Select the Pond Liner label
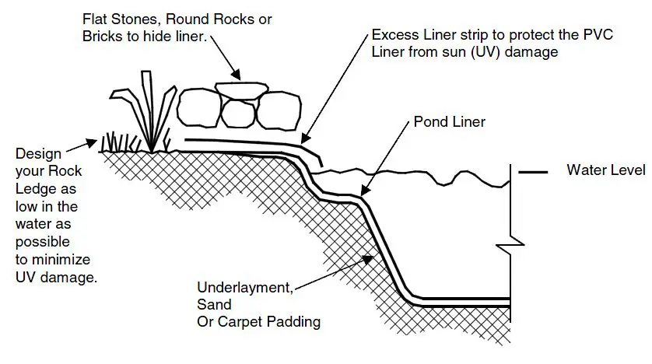tap(449, 121)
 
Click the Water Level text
tap(606, 170)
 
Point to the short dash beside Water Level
tap(534, 171)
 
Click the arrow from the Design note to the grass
tap(82, 146)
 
